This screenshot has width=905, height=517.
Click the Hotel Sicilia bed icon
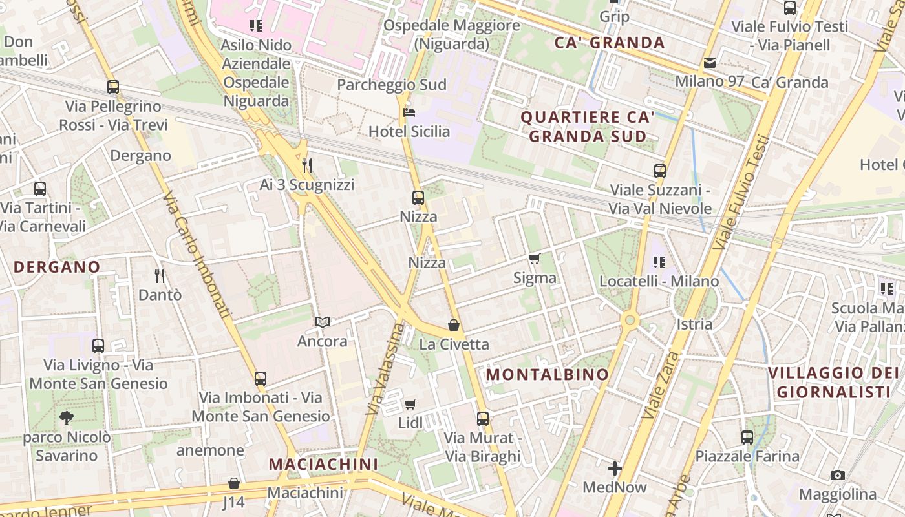(x=409, y=112)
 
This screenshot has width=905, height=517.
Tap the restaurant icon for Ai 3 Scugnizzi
(x=307, y=165)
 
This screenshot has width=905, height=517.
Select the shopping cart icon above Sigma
(x=534, y=259)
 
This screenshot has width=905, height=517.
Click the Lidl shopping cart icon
(x=410, y=405)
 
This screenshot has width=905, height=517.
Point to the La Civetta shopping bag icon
(x=454, y=325)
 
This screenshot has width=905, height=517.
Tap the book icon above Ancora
(x=322, y=322)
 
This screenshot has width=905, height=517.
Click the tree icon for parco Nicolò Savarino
(x=66, y=418)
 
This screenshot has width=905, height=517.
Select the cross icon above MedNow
(x=615, y=468)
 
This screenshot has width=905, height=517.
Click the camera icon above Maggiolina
(x=838, y=476)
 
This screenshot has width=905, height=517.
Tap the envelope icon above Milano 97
(x=710, y=63)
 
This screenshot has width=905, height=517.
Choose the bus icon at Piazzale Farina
(x=747, y=438)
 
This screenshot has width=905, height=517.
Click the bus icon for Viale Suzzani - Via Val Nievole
(x=659, y=171)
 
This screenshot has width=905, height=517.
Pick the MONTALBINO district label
(x=547, y=375)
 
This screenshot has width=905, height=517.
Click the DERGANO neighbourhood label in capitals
(x=57, y=267)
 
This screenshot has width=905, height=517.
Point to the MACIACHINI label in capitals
(x=323, y=464)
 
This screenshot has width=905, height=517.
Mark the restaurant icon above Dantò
(x=160, y=276)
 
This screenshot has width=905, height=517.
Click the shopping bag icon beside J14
(x=234, y=483)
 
